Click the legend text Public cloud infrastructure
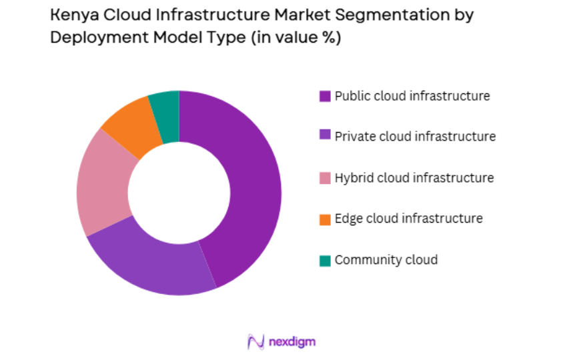412,96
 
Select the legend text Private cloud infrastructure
415,137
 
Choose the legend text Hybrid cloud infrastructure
414,178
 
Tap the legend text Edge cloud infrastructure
408,219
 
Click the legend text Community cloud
386,260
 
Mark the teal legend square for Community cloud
325,261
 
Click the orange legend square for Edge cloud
325,219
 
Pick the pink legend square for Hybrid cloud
325,178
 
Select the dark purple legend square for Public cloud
325,97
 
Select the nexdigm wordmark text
292,342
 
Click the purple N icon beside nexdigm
255,342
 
